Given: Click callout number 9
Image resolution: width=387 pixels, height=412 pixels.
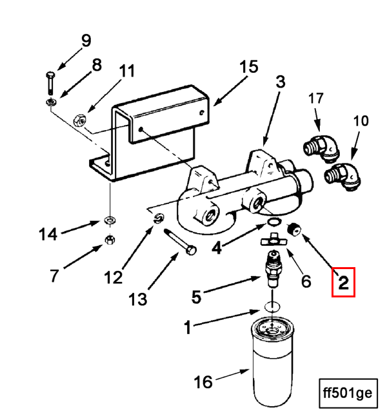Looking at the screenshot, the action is pyautogui.click(x=86, y=41).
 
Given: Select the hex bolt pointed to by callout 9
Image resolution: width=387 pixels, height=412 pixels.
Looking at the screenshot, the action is pyautogui.click(x=50, y=83).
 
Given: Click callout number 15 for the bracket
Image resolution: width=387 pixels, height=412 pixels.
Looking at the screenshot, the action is pyautogui.click(x=249, y=67).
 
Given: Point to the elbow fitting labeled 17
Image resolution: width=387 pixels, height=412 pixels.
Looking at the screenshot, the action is pyautogui.click(x=322, y=147).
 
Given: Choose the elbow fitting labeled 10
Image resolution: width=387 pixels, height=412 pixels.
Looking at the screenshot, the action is pyautogui.click(x=342, y=176).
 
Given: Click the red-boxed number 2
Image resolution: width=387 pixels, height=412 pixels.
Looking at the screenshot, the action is pyautogui.click(x=343, y=283).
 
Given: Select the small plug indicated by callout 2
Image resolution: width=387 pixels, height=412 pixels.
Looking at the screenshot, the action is pyautogui.click(x=293, y=229).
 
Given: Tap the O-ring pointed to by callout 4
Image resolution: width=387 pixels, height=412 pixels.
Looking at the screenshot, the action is pyautogui.click(x=274, y=222).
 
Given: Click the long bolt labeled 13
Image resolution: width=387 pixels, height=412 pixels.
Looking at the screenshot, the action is pyautogui.click(x=180, y=241).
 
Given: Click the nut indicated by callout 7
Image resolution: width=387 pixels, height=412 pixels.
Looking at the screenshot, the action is pyautogui.click(x=110, y=239).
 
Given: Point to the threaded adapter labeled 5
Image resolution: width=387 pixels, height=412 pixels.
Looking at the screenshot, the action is pyautogui.click(x=273, y=268).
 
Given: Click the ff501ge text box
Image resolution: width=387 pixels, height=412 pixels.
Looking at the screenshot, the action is pyautogui.click(x=348, y=393).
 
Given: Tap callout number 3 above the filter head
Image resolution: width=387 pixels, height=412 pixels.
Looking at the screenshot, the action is pyautogui.click(x=281, y=82).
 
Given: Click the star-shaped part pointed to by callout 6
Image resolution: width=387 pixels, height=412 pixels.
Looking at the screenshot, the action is pyautogui.click(x=273, y=239).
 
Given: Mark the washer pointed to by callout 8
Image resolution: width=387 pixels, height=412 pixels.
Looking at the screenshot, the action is pyautogui.click(x=51, y=102).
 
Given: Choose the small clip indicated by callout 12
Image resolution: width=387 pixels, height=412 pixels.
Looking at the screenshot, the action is pyautogui.click(x=159, y=218).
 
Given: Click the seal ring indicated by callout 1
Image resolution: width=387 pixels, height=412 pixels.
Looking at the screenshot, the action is pyautogui.click(x=272, y=306).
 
